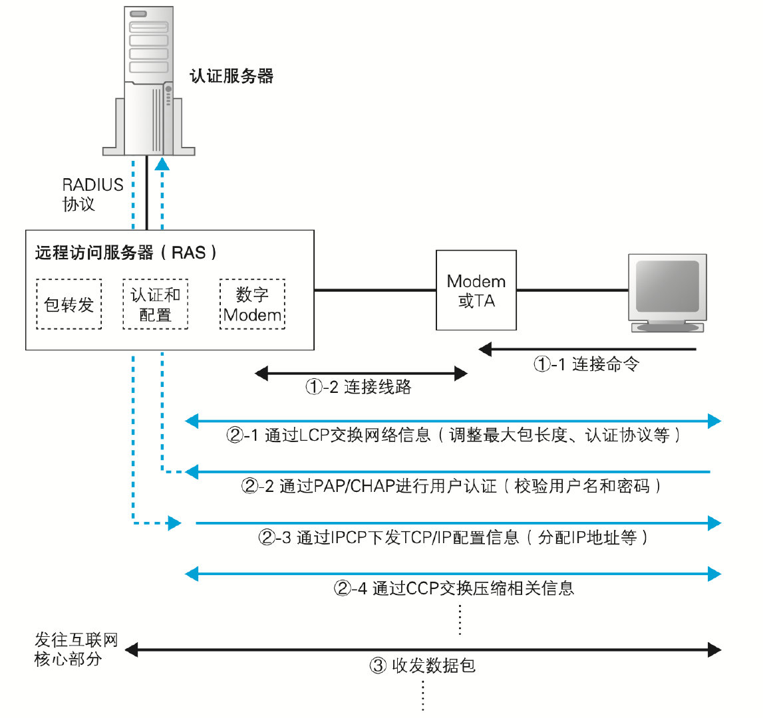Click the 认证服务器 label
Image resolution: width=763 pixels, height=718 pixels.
pos(231,76)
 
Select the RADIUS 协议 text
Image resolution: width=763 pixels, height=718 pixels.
pos(92,194)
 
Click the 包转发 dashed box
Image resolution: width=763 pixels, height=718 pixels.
pos(69,304)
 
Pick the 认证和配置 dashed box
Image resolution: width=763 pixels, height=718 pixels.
pos(156,304)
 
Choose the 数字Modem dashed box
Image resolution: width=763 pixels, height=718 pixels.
pos(252,304)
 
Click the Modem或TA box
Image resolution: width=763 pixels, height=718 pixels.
pos(476,291)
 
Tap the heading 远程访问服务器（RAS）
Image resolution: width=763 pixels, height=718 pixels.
pos(126,253)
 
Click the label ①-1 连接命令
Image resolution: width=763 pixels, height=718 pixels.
pos(586,364)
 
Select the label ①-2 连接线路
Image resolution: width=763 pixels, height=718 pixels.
pos(359,387)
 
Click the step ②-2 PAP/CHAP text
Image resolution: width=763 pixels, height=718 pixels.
pos(452,487)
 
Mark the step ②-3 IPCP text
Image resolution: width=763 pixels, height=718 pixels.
pos(453,537)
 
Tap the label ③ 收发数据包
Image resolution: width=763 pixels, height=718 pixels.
pos(422,665)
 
